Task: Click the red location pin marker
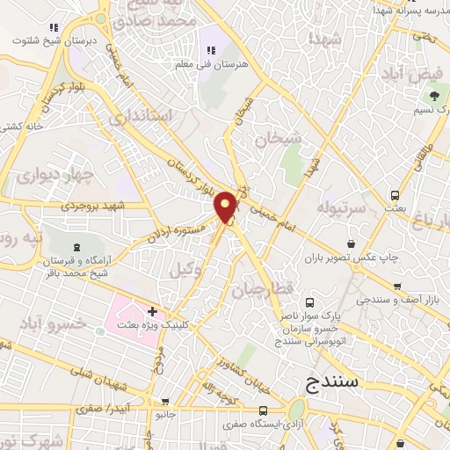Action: (226, 207)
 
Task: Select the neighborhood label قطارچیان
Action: (261, 290)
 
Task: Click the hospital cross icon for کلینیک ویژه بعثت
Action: (153, 311)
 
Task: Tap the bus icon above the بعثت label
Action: (395, 195)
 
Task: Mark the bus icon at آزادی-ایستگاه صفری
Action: (265, 410)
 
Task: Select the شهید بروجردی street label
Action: (95, 206)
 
